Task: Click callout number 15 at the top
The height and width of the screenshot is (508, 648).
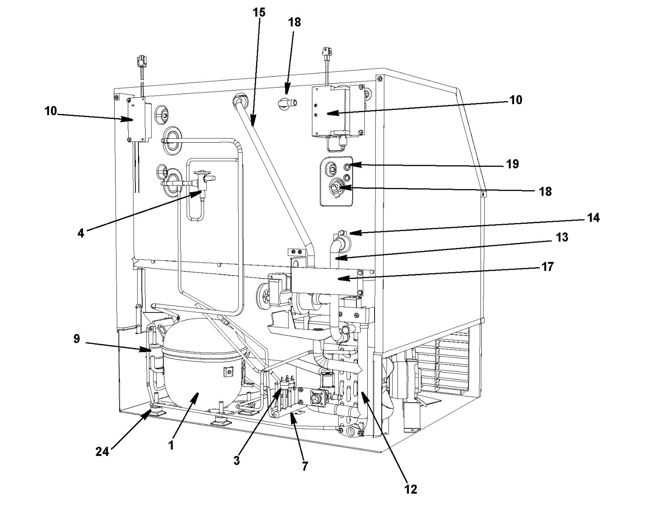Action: (x=259, y=13)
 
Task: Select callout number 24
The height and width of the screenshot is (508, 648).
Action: (x=102, y=452)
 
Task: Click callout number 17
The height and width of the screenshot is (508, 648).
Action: (x=548, y=267)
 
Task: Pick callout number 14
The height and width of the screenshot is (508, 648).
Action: (x=593, y=218)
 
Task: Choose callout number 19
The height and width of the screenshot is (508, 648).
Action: (x=513, y=164)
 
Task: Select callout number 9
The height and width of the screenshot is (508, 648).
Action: (x=77, y=339)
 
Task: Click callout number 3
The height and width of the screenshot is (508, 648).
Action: (x=237, y=461)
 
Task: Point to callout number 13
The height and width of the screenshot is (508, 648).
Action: (x=562, y=237)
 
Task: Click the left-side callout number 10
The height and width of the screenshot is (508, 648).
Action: (x=51, y=111)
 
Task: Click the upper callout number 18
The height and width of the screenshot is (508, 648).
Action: (x=295, y=22)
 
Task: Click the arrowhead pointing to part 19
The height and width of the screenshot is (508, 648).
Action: (x=356, y=164)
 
